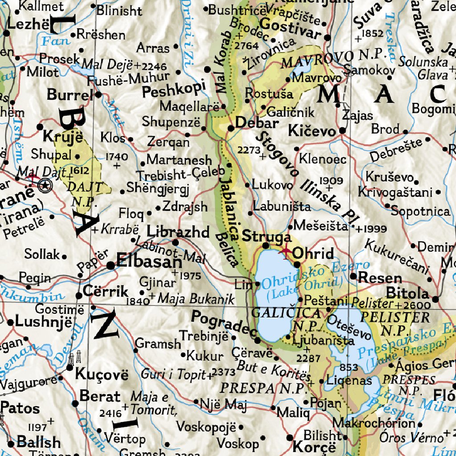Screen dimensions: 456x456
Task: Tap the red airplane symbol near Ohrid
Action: [285, 252]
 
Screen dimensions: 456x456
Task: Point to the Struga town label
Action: [266, 236]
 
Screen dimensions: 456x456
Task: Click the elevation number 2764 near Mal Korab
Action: [246, 45]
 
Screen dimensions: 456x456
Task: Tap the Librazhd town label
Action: [178, 232]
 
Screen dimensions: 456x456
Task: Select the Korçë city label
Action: [314, 446]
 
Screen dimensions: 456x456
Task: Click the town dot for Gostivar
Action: [328, 38]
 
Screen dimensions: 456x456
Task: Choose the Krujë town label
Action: [63, 135]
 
